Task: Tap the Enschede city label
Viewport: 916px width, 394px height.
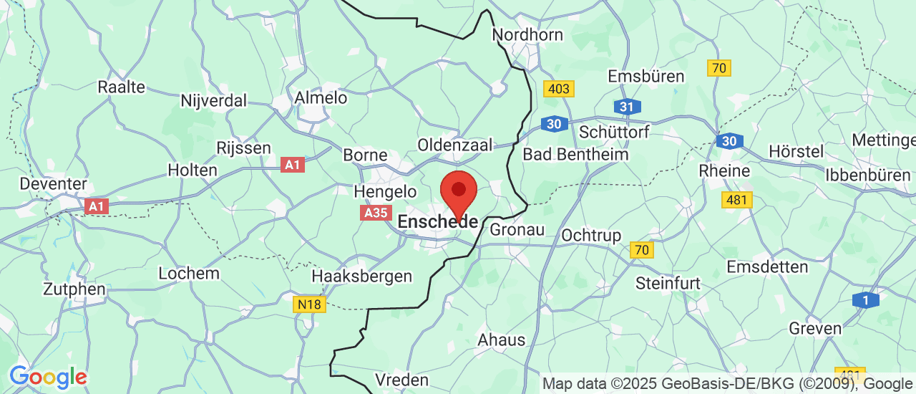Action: [437, 221]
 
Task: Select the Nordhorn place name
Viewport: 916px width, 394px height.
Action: [527, 34]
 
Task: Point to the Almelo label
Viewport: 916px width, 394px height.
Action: [321, 97]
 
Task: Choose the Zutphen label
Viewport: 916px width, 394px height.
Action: [74, 289]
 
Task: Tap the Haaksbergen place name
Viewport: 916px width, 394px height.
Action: [361, 276]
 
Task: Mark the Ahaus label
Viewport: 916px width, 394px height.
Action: [501, 340]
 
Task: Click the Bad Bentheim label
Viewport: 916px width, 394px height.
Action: [575, 154]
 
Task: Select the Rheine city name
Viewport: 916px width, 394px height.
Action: [723, 170]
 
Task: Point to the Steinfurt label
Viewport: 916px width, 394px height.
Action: [668, 284]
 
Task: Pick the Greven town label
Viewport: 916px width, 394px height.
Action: [814, 328]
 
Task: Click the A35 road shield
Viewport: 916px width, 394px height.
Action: [376, 213]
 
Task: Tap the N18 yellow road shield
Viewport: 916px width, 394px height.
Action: [309, 304]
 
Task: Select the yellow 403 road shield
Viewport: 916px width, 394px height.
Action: [558, 89]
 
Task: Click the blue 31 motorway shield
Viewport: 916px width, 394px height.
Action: [627, 107]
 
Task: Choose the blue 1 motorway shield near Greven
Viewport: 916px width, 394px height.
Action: [865, 300]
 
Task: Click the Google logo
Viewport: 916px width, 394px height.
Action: [48, 376]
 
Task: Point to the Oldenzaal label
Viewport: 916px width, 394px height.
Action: [455, 145]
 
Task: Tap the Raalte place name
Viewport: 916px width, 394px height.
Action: [121, 87]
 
